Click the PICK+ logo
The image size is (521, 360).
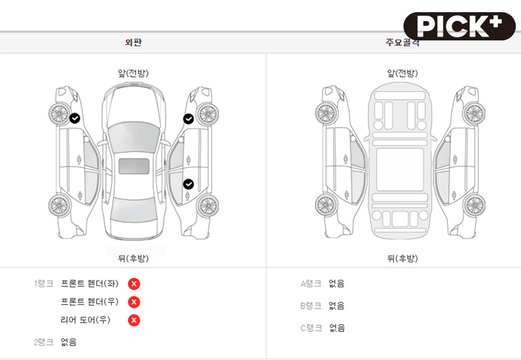pyautogui.click(x=459, y=26)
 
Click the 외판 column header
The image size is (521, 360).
pyautogui.click(x=133, y=43)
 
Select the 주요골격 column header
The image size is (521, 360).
pyautogui.click(x=402, y=43)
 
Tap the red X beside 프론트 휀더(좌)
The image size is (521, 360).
pyautogui.click(x=134, y=284)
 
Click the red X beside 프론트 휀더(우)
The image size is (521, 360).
pyautogui.click(x=134, y=302)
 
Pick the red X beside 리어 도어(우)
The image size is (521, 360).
pyautogui.click(x=134, y=320)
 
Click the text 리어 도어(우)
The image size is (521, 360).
pyautogui.click(x=85, y=320)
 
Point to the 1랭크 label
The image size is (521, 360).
pyautogui.click(x=43, y=284)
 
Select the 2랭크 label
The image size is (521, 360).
pyautogui.click(x=43, y=342)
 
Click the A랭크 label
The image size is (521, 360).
pyautogui.click(x=310, y=284)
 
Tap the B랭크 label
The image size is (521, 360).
pyautogui.click(x=310, y=306)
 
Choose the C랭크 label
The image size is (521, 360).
pyautogui.click(x=310, y=328)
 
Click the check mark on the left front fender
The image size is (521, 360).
pyautogui.click(x=74, y=118)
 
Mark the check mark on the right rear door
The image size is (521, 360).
pyautogui.click(x=188, y=184)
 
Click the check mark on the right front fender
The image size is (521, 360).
pyautogui.click(x=188, y=119)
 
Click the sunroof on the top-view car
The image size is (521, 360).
pyautogui.click(x=134, y=166)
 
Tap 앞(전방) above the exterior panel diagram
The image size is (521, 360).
pyautogui.click(x=133, y=73)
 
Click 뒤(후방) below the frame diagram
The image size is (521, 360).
pyautogui.click(x=402, y=259)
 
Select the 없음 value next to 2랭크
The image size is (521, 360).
pyautogui.click(x=69, y=342)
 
